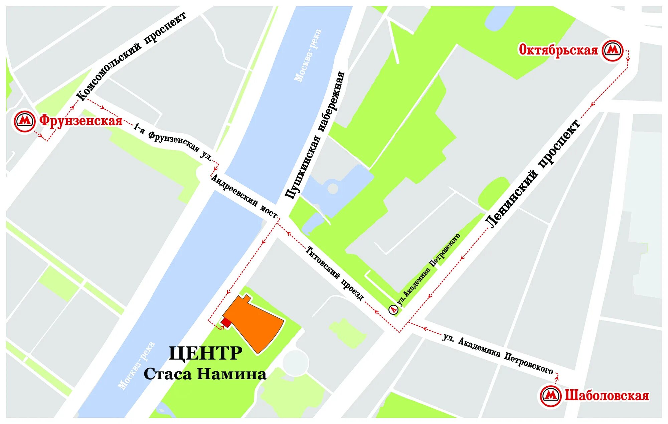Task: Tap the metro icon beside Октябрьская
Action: pos(613,50)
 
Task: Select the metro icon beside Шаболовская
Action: pos(551,396)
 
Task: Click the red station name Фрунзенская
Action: pos(81,121)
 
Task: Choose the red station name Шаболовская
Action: pos(607,396)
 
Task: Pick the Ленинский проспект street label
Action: pos(533,174)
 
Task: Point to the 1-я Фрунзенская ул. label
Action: pos(173,142)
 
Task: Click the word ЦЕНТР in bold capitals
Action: pos(205,353)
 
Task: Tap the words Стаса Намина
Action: pos(205,374)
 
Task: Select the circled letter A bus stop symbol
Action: pos(394,309)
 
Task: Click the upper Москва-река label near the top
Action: pos(308,55)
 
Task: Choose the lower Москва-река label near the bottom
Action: pos(137,366)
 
